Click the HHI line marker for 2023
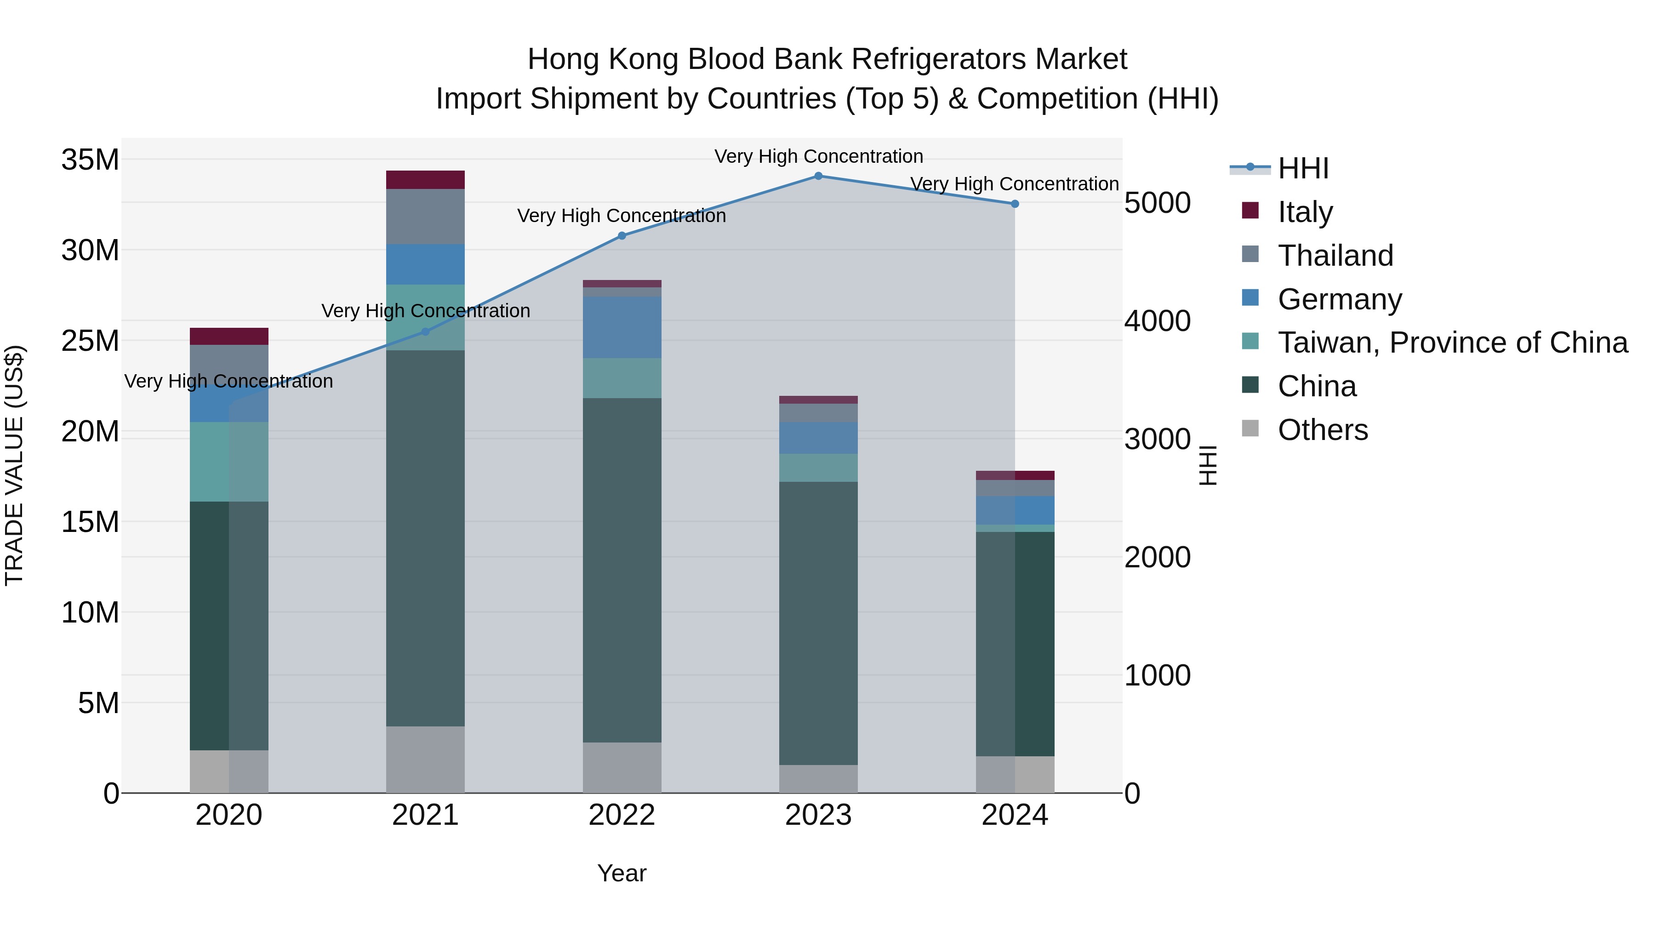point(818,176)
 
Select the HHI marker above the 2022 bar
point(621,236)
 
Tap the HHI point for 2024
point(1015,204)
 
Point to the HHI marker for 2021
point(425,331)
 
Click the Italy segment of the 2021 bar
point(425,180)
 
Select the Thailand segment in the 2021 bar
point(425,217)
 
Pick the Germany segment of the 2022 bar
point(621,327)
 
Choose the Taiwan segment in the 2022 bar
point(621,378)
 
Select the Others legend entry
point(1322,430)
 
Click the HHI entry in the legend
point(1302,168)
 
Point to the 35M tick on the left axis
point(90,160)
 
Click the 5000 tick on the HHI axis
point(1157,203)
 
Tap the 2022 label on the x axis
point(621,815)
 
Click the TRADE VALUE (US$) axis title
point(14,465)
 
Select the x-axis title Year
point(621,873)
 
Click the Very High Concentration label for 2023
point(818,156)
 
